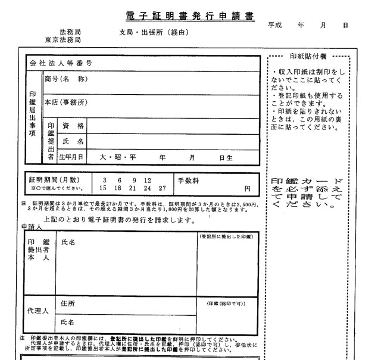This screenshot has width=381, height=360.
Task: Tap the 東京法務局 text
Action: (63, 40)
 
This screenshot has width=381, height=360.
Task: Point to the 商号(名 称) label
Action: (66, 79)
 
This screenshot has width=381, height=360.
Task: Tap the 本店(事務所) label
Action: (66, 103)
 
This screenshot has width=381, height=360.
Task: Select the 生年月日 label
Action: (71, 157)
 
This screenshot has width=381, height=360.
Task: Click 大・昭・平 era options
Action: (118, 157)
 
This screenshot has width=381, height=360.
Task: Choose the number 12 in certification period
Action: (147, 180)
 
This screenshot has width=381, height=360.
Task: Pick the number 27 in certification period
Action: (163, 188)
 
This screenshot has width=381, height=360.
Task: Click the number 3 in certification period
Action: (104, 180)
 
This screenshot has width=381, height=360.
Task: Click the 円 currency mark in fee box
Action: (248, 188)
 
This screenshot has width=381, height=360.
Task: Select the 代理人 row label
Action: (38, 311)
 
